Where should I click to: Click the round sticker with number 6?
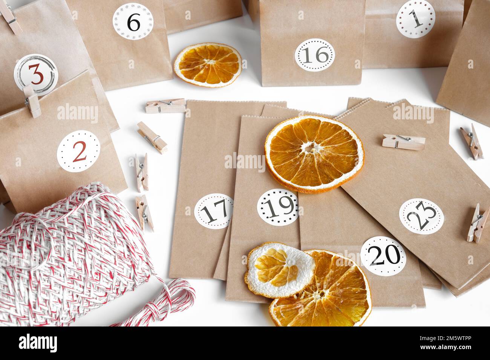click(133, 21)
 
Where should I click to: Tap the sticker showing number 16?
click(315, 55)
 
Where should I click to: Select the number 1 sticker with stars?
click(415, 19)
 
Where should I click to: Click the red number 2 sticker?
click(78, 151)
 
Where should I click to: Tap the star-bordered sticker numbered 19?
click(278, 207)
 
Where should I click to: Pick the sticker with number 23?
click(421, 216)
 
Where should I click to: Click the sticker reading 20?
click(383, 256)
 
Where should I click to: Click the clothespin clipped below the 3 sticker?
click(32, 101)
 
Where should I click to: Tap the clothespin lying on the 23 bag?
click(404, 142)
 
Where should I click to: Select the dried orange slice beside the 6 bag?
click(208, 65)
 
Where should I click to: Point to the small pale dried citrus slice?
click(280, 270)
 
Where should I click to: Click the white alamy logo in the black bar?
click(38, 343)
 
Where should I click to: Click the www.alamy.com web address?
click(446, 347)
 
